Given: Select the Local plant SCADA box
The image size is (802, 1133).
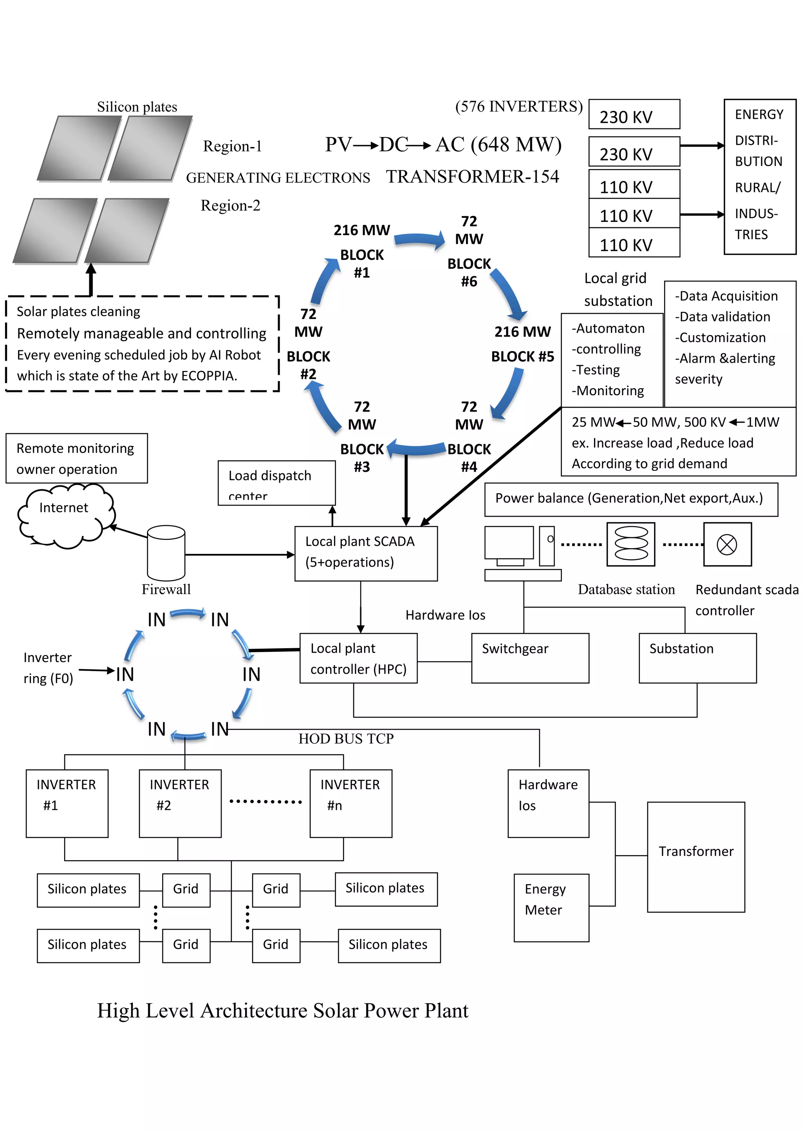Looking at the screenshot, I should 366,553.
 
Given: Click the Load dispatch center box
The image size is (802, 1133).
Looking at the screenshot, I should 276,483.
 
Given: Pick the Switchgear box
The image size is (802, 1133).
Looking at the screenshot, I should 530,658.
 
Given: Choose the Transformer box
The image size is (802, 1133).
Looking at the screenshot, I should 696,857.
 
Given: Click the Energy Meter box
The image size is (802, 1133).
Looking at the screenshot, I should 551,908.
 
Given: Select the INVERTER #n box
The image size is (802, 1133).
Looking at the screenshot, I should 350,803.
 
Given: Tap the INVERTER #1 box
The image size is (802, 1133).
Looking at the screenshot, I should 67,803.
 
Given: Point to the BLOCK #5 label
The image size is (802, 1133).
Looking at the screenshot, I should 522,356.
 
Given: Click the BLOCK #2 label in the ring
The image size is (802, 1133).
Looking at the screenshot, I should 308,365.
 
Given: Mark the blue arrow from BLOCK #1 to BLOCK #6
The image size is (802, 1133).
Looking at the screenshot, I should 419,240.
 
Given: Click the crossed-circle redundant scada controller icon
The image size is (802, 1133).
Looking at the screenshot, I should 727,544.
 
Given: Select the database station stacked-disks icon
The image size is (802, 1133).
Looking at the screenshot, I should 630,544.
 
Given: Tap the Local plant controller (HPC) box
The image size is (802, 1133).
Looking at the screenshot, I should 359,658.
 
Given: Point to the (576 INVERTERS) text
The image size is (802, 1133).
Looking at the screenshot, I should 518,106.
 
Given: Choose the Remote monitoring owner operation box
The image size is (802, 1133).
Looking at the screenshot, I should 76,458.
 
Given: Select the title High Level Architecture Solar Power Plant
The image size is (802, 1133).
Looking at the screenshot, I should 282,1010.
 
